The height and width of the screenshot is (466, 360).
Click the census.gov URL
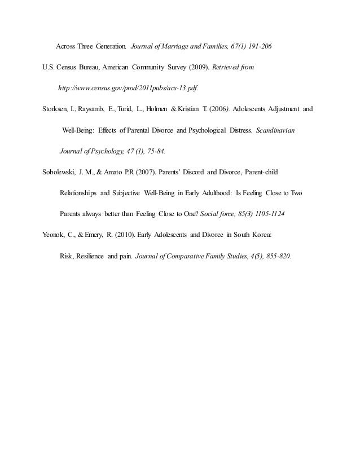(x=129, y=89)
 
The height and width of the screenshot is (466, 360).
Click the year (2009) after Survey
(x=197, y=67)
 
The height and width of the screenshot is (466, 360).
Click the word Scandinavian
(x=279, y=130)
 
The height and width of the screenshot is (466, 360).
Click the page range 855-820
(x=275, y=255)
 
